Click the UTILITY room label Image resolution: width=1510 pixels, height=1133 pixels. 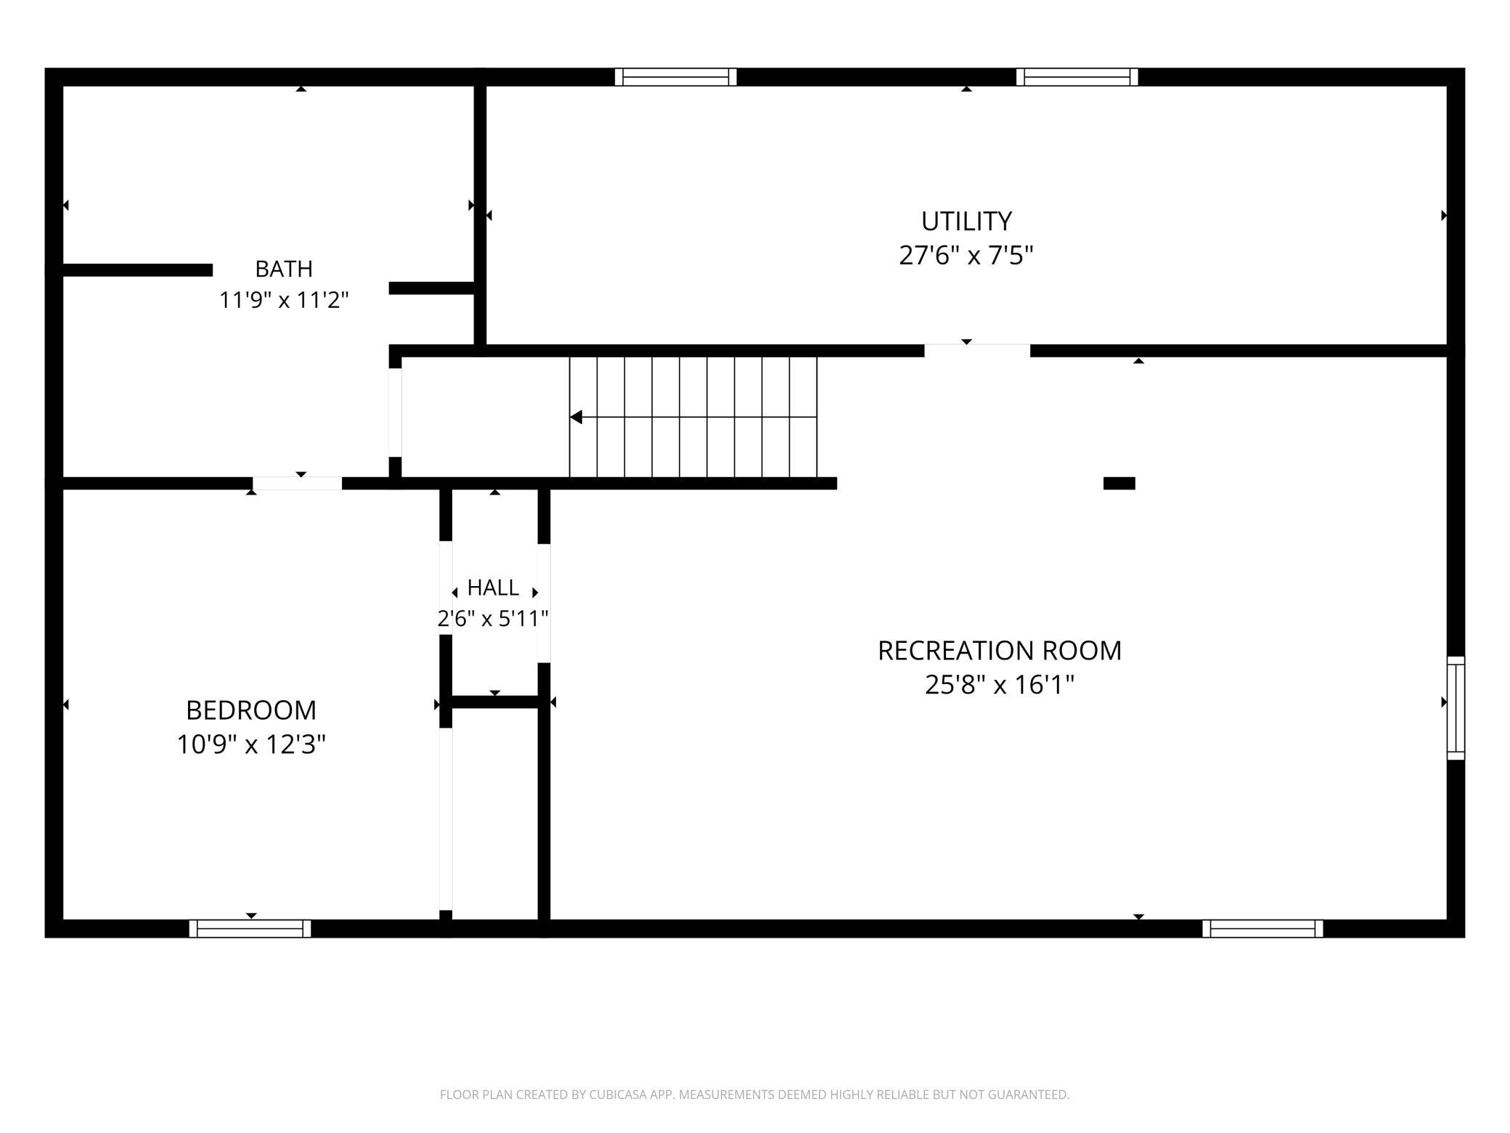pyautogui.click(x=966, y=221)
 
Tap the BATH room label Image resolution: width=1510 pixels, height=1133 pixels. pyautogui.click(x=284, y=269)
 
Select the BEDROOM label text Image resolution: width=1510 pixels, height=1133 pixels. pyautogui.click(x=251, y=710)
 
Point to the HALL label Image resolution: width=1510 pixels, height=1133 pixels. pyautogui.click(x=493, y=587)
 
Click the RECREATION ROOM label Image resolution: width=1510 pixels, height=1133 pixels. pyautogui.click(x=1000, y=651)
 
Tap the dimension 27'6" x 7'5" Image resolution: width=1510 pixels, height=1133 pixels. pyautogui.click(x=966, y=256)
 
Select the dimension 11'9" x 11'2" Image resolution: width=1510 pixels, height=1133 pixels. pyautogui.click(x=284, y=300)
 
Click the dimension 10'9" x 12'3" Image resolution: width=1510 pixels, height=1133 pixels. pyautogui.click(x=251, y=744)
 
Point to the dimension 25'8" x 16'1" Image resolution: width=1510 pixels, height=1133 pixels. pyautogui.click(x=1000, y=685)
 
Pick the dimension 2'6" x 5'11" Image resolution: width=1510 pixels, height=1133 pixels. pyautogui.click(x=493, y=619)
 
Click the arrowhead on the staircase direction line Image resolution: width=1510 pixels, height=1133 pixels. pyautogui.click(x=576, y=417)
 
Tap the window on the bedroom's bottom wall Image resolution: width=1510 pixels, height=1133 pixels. pyautogui.click(x=250, y=929)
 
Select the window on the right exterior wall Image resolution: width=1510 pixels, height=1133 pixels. pyautogui.click(x=1456, y=708)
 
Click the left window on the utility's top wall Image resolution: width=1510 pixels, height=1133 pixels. pyautogui.click(x=676, y=77)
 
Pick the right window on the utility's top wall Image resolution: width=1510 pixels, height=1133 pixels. pyautogui.click(x=1077, y=77)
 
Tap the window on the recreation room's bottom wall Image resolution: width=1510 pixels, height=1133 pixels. pyautogui.click(x=1262, y=929)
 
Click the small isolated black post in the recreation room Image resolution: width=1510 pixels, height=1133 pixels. pyautogui.click(x=1119, y=484)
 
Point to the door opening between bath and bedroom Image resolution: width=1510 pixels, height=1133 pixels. pyautogui.click(x=298, y=484)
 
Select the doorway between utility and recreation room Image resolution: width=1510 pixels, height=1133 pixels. pyautogui.click(x=977, y=351)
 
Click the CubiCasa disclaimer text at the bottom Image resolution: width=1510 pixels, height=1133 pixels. pyautogui.click(x=755, y=1095)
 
